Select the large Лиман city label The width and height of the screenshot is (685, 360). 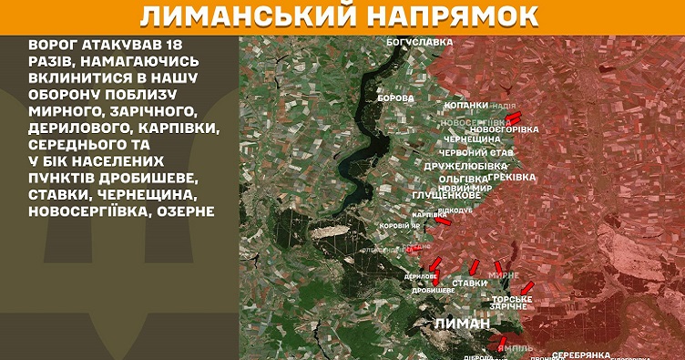463,324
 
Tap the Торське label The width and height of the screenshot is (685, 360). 512,299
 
